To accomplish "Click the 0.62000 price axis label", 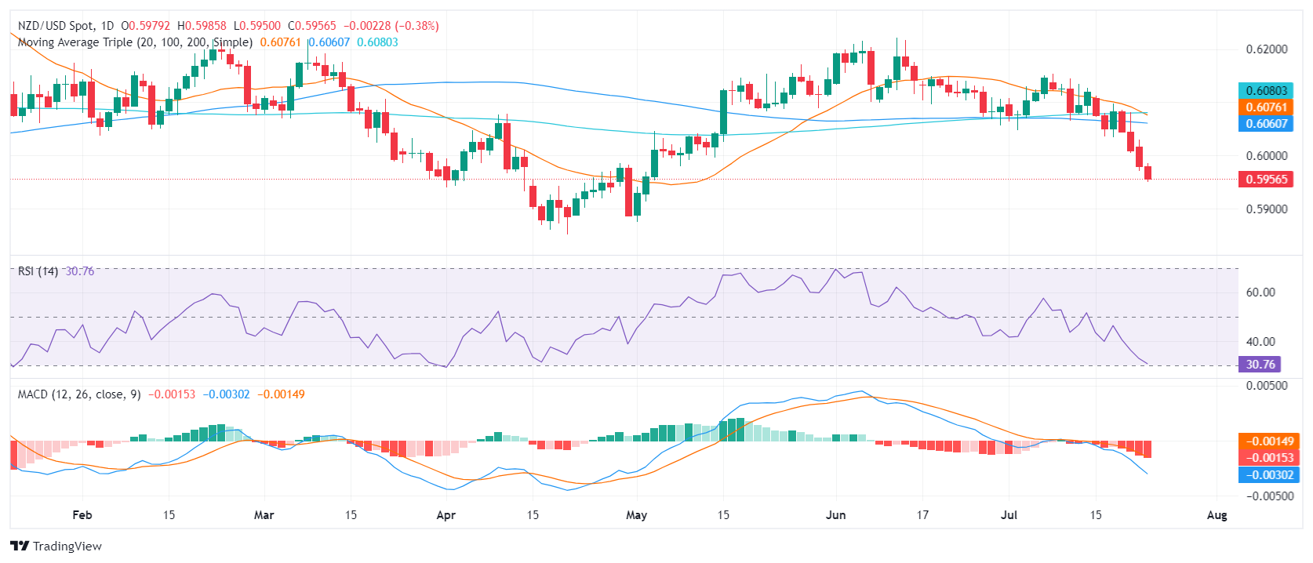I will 1266,49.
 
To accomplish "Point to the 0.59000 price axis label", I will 1266,209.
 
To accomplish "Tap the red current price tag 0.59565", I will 1266,180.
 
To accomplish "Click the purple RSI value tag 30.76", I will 1260,364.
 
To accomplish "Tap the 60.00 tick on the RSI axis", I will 1260,292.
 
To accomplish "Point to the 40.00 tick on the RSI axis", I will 1260,341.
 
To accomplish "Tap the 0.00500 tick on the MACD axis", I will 1266,385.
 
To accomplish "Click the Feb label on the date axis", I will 82,515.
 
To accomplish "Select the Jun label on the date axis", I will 836,515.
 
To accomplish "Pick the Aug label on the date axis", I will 1217,515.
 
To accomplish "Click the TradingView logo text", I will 67,547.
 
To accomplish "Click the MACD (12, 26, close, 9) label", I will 79,394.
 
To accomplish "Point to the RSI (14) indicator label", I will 38,271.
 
